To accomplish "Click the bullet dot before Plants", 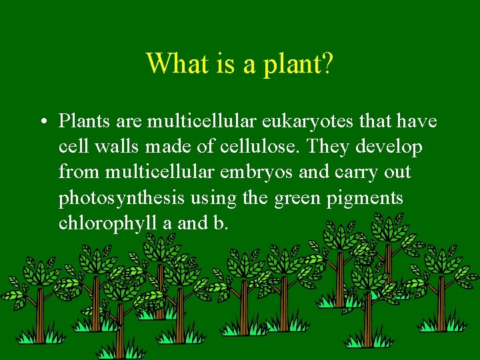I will pos(42,123).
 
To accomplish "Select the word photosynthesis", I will pos(122,199).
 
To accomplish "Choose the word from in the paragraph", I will pos(78,172).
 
